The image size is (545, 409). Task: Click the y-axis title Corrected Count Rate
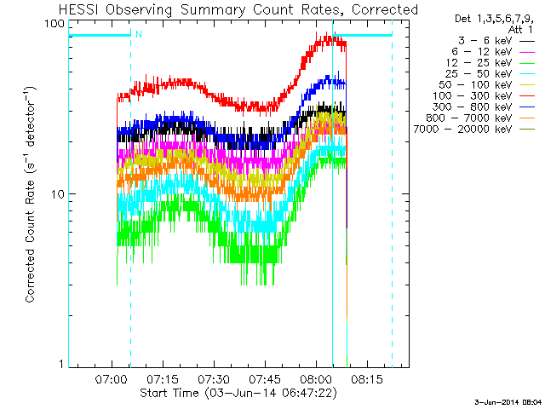pyautogui.click(x=31, y=194)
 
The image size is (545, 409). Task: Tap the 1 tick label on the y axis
pyautogui.click(x=61, y=364)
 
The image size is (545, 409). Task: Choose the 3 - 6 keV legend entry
pyautogui.click(x=487, y=40)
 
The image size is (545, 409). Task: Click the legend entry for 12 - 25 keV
pyautogui.click(x=487, y=62)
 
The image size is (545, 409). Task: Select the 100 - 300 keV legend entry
pyautogui.click(x=487, y=95)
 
